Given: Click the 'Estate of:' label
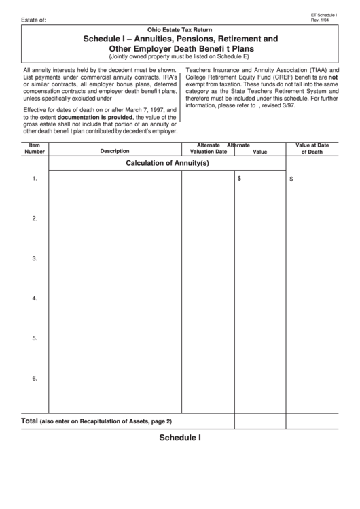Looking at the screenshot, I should click(x=34, y=20).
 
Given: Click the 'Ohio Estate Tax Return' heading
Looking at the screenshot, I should click(x=180, y=31).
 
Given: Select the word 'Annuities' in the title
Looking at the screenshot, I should click(x=153, y=40).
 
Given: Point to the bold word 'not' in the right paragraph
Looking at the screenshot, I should click(x=333, y=78).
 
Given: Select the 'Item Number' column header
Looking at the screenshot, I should click(x=35, y=148).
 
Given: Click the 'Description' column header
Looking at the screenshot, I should click(x=114, y=151).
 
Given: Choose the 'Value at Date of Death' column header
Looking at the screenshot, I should click(x=312, y=148).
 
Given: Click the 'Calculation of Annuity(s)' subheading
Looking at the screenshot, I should click(x=168, y=163).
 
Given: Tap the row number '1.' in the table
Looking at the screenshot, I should click(x=35, y=179).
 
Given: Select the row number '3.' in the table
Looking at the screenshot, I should click(x=35, y=258).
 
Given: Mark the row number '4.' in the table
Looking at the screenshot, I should click(x=35, y=298).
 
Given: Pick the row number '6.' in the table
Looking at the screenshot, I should click(x=35, y=378).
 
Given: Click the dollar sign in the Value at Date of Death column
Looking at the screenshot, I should click(x=291, y=179).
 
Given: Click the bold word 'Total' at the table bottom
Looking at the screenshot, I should click(x=29, y=421).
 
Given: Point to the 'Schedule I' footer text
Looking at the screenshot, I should click(x=180, y=438).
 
